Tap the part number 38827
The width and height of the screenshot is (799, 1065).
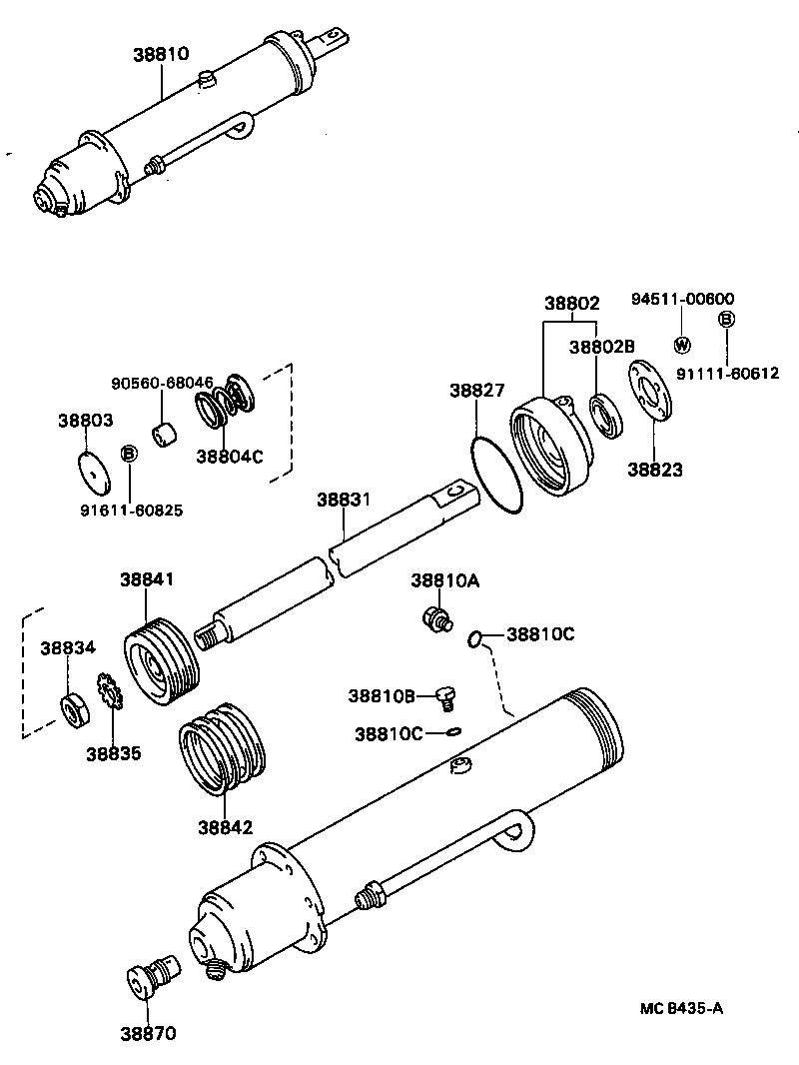pos(477,391)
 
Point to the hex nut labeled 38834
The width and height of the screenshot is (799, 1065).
pos(76,710)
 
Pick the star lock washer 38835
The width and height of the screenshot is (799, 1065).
pos(108,692)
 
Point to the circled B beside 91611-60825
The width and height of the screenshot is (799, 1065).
pos(128,454)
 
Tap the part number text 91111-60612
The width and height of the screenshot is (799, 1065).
pos(727,373)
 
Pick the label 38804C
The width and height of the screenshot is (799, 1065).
pos(229,456)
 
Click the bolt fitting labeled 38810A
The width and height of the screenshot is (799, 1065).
pos(433,618)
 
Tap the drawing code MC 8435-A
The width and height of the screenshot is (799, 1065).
pos(681,1007)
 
